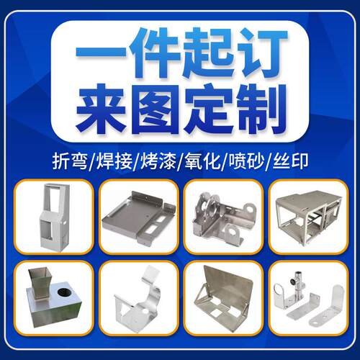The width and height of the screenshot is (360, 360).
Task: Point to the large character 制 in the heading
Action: pyautogui.click(x=261, y=109)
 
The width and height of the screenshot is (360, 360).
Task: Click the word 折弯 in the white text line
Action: pyautogui.click(x=70, y=161)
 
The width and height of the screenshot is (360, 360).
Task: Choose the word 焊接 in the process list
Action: pyautogui.click(x=114, y=161)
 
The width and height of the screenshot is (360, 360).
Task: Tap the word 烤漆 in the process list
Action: pyautogui.click(x=158, y=161)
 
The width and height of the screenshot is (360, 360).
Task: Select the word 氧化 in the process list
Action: pyautogui.click(x=202, y=161)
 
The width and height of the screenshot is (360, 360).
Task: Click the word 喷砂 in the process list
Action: pyautogui.click(x=246, y=161)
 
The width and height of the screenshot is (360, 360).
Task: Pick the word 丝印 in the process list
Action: pyautogui.click(x=290, y=161)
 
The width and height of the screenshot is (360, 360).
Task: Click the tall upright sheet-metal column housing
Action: pyautogui.click(x=55, y=217)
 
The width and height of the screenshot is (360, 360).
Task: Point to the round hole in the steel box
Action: pyautogui.click(x=63, y=292)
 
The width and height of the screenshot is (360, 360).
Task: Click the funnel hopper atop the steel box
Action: pyautogui.click(x=40, y=283)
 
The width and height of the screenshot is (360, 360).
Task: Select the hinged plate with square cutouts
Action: pyautogui.click(x=225, y=299)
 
